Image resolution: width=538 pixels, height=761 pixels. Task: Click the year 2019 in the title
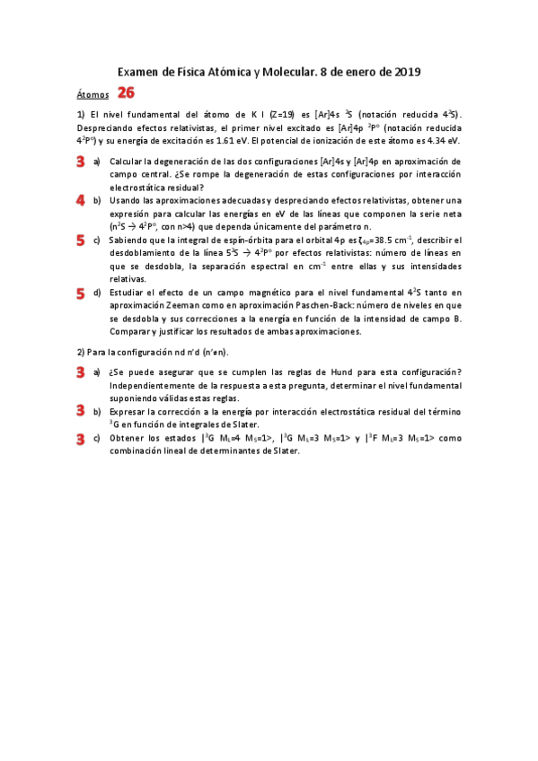[406, 72]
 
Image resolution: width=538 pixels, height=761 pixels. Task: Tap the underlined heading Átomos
[93, 94]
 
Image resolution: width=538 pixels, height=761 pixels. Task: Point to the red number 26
[127, 92]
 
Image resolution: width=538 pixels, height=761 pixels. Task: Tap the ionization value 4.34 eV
[440, 140]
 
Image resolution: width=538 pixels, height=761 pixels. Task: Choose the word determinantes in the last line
[200, 450]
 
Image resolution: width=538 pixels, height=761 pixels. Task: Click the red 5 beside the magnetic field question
[81, 293]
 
